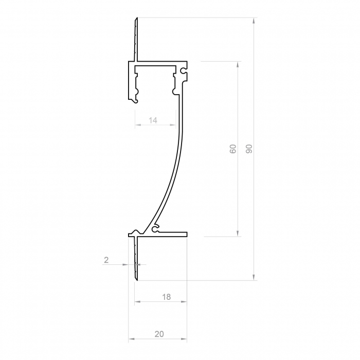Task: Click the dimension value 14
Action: coord(153,120)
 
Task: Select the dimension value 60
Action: coord(233,149)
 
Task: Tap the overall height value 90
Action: coord(249,149)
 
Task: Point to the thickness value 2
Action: coord(106,260)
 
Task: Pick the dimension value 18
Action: coord(166,297)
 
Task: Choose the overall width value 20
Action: coord(159,334)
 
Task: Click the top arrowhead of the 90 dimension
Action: coord(254,21)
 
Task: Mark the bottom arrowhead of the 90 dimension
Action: coord(254,278)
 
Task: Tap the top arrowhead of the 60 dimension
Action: coord(238,64)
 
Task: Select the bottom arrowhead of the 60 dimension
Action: coord(238,234)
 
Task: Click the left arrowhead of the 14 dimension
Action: coord(137,125)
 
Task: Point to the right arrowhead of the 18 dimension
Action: coord(185,302)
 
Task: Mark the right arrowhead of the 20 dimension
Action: coord(185,339)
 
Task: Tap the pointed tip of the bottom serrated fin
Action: coord(137,279)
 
